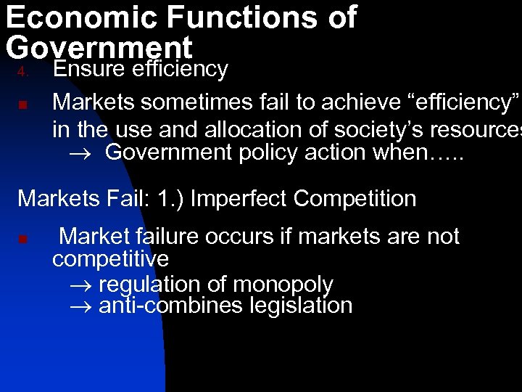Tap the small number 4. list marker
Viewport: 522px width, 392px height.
pos(22,72)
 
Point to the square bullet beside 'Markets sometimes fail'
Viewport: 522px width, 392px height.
pos(22,105)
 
